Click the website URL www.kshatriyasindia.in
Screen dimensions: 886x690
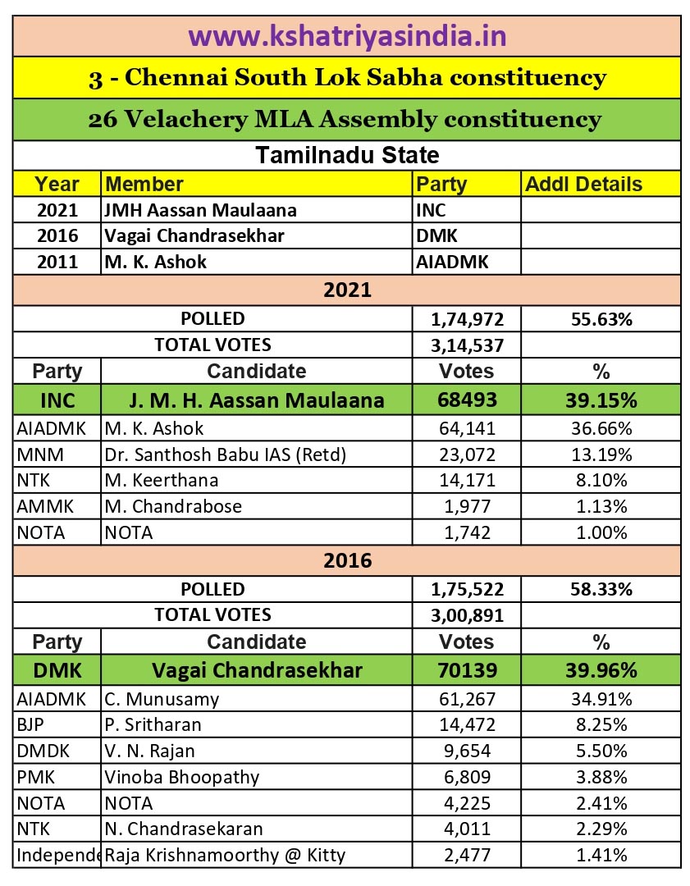(346, 36)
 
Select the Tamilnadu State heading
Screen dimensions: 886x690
(346, 155)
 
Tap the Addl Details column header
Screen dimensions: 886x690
(583, 184)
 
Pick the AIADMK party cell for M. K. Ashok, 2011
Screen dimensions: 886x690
(452, 263)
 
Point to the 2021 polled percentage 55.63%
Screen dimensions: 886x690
(601, 319)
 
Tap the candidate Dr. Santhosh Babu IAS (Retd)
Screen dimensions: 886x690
(226, 454)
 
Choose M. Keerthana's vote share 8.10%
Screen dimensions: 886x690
(601, 480)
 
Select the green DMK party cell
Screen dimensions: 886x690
(57, 670)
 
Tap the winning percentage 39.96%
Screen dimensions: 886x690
(601, 670)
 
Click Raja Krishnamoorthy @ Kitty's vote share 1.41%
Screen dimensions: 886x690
(601, 855)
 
